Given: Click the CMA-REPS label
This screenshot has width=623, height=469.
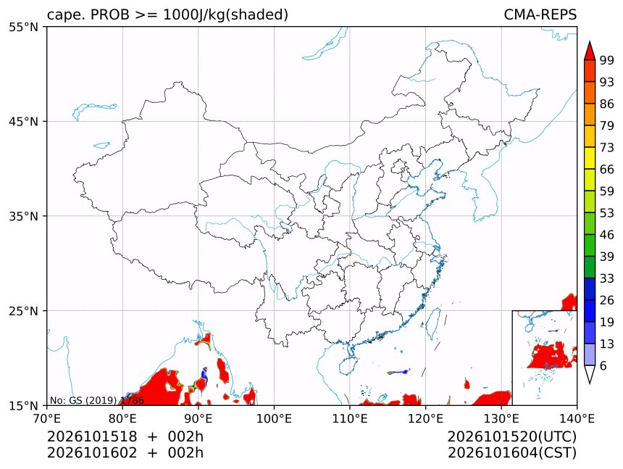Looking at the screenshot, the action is tap(540, 14).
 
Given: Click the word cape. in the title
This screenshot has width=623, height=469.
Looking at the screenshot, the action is tap(67, 15).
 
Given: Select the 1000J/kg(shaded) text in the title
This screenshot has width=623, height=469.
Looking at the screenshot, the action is tap(226, 15).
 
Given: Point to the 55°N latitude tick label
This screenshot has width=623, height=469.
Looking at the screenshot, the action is tap(23, 28).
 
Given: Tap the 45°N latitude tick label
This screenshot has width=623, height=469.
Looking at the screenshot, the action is tap(23, 122).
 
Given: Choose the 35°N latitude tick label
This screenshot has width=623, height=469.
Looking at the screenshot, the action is tap(23, 216).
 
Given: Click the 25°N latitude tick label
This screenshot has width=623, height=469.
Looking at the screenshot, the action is tap(23, 311).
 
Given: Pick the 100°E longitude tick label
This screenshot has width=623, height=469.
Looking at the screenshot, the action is tap(274, 418).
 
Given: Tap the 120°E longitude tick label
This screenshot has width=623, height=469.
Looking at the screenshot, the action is tap(425, 418).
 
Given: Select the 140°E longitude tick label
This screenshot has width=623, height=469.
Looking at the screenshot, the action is tap(577, 418).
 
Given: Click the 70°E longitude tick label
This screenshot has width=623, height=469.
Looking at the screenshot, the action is tap(47, 418).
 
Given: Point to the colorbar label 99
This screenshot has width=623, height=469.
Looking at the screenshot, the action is tap(607, 60).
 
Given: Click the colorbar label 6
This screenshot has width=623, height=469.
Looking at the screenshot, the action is tap(603, 365).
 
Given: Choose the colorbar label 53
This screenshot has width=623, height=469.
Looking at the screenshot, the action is tap(607, 213).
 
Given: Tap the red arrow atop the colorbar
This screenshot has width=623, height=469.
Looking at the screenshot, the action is tap(590, 51).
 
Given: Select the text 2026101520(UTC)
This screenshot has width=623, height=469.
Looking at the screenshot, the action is tap(512, 437).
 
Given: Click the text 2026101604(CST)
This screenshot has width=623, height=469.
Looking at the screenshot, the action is tap(512, 453).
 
